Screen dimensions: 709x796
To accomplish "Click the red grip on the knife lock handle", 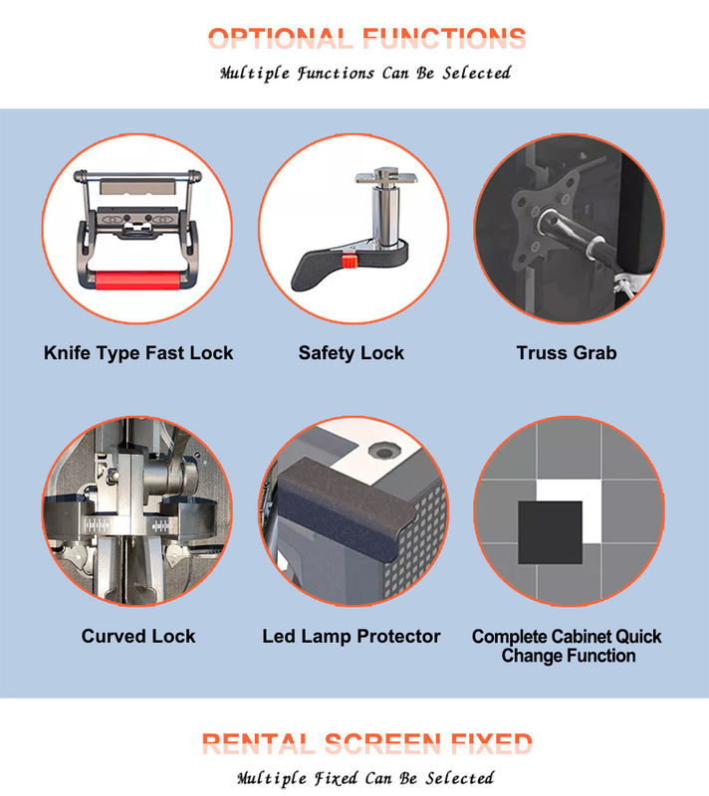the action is (137, 281).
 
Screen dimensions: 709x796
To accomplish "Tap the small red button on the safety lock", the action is (350, 261).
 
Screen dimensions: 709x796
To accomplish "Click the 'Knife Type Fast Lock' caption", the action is (138, 353).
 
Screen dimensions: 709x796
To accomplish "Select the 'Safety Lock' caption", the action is (352, 353).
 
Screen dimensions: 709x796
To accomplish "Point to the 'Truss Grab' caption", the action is (567, 353).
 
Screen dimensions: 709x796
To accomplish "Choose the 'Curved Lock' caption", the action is (138, 636).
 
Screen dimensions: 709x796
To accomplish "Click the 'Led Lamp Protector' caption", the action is (352, 636).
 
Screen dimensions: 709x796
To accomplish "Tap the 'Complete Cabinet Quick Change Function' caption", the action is (567, 646).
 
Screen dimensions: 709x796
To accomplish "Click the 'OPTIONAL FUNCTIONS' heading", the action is (366, 38).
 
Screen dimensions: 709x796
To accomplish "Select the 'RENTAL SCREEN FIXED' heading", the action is (366, 743).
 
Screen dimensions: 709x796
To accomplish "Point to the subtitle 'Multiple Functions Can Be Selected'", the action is (365, 73).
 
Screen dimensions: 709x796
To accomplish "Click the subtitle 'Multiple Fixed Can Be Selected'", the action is (365, 778).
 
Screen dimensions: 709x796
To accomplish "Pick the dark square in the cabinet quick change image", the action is (550, 532).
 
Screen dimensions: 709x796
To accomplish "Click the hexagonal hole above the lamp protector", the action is (384, 450).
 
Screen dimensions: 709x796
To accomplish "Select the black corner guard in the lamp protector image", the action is (345, 507).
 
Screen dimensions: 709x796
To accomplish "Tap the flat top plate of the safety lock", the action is (386, 178).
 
